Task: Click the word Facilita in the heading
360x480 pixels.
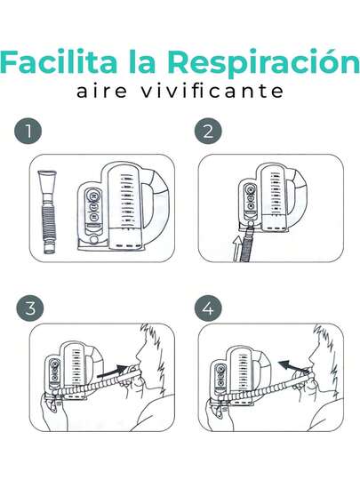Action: coord(59,61)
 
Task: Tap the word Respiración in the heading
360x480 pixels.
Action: coord(264,63)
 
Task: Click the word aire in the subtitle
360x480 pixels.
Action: coord(101,92)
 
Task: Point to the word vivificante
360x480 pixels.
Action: coord(212,92)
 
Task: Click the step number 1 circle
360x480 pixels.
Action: coord(28,131)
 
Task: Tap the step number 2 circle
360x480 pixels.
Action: coord(208,131)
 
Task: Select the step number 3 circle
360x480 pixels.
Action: coord(30,308)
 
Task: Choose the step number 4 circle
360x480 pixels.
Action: coord(208,308)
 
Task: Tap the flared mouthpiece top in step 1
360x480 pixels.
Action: coord(47,178)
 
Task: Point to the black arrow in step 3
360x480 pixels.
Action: coord(113,372)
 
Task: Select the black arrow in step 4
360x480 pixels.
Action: coord(293,366)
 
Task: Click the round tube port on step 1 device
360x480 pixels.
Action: coord(94,239)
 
